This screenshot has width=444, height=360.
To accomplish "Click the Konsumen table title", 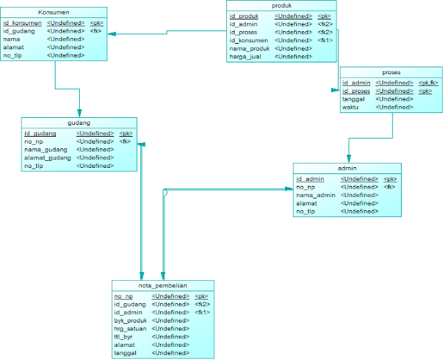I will click(x=55, y=12).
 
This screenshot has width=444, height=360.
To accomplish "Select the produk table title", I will click(x=282, y=6).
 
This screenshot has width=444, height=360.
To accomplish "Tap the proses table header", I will click(x=391, y=72).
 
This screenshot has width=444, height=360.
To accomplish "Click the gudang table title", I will click(x=78, y=123).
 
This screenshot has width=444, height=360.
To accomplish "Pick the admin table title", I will click(x=346, y=169).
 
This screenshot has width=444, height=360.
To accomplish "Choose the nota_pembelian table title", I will click(x=163, y=286).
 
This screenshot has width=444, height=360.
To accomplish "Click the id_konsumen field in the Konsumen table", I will click(x=22, y=23).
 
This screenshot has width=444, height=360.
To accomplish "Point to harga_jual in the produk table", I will click(x=246, y=57).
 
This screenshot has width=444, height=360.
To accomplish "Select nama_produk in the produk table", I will click(x=249, y=49).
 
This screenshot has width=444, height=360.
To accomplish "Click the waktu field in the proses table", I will click(x=355, y=108).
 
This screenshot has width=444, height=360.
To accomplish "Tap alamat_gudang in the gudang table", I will click(x=47, y=158).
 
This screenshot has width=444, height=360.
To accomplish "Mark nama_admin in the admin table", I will click(x=316, y=195).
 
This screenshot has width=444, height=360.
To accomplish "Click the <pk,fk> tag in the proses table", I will click(x=428, y=83).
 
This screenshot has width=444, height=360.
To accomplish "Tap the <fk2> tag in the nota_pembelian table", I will click(x=202, y=304).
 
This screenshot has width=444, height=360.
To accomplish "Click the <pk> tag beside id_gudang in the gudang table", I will click(x=126, y=133).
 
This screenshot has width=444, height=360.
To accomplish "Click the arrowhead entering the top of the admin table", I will click(x=348, y=159).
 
